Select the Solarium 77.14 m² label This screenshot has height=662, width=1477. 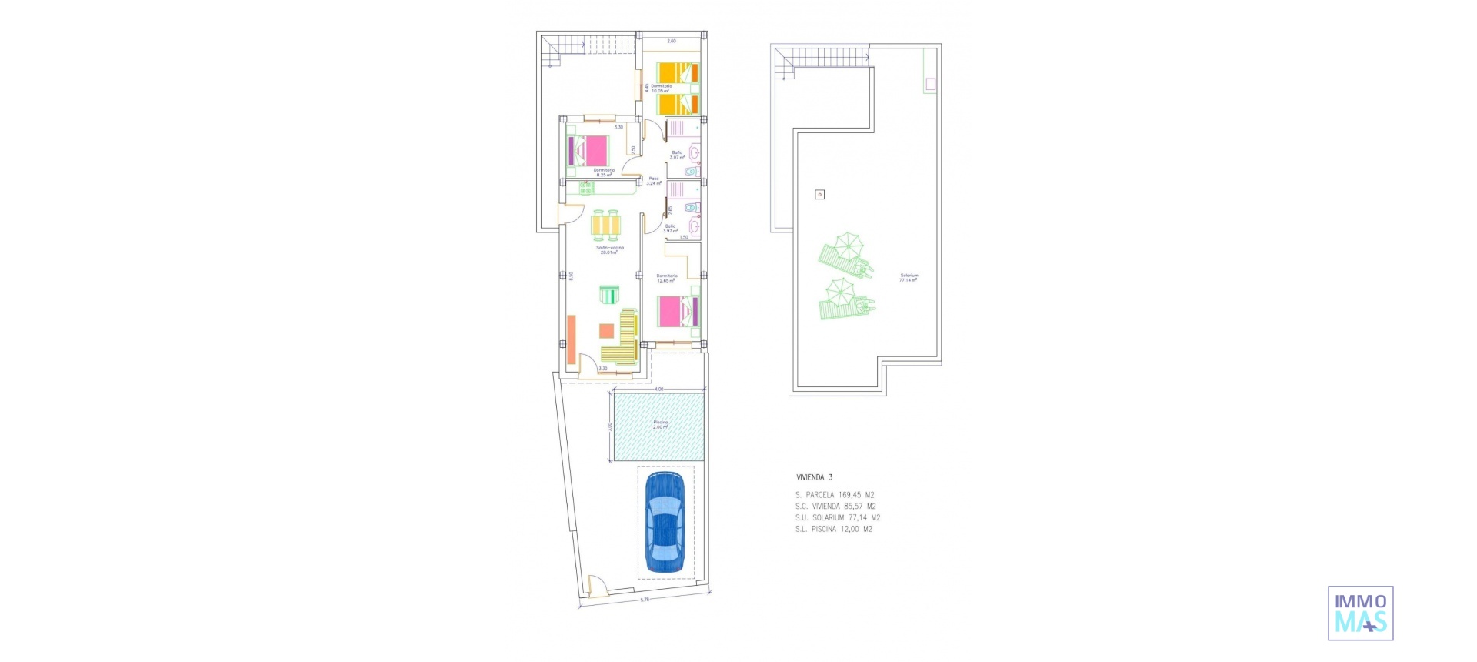pyautogui.click(x=909, y=278)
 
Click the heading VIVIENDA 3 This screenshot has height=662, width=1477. pyautogui.click(x=814, y=477)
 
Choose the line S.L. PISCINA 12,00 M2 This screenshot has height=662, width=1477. pyautogui.click(x=834, y=529)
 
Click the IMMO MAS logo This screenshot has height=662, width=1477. pyautogui.click(x=1360, y=613)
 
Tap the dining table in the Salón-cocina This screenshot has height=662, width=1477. pyautogui.click(x=607, y=224)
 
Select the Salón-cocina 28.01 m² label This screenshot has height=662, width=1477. pyautogui.click(x=608, y=250)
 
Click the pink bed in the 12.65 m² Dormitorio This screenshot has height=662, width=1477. pyautogui.click(x=678, y=313)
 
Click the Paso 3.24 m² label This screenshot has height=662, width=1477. pyautogui.click(x=654, y=181)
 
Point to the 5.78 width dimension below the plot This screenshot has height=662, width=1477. pyautogui.click(x=644, y=600)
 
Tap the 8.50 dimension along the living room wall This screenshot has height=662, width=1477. pyautogui.click(x=571, y=276)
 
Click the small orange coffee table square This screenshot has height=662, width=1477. pyautogui.click(x=606, y=331)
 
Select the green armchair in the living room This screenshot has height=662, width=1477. pyautogui.click(x=608, y=295)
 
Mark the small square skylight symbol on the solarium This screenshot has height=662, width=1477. pyautogui.click(x=820, y=195)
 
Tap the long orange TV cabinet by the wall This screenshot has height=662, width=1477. pyautogui.click(x=572, y=339)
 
